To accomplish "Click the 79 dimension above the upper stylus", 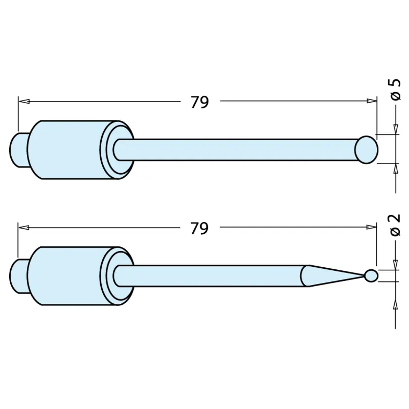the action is click(x=200, y=102).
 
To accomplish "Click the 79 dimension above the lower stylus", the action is click(x=200, y=228).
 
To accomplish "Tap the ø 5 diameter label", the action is click(x=395, y=90).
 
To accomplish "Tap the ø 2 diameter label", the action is click(x=395, y=225).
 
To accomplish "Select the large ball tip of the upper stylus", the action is click(x=366, y=150).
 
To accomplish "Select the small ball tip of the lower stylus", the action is click(x=371, y=276).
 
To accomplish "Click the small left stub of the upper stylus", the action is click(x=19, y=150).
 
